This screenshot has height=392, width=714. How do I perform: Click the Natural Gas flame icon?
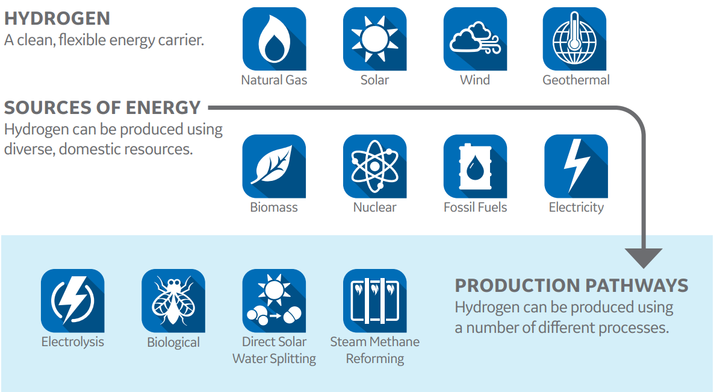click(x=274, y=39)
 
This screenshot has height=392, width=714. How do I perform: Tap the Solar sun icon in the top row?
click(x=374, y=39)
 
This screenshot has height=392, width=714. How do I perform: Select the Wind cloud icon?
click(x=475, y=39)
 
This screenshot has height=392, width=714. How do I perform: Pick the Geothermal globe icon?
click(x=575, y=39)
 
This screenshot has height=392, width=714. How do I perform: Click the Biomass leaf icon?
click(x=274, y=166)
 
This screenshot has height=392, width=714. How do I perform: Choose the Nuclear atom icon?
click(x=374, y=166)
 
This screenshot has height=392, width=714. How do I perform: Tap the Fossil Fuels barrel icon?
click(x=475, y=166)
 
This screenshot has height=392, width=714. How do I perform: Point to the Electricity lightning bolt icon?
click(x=576, y=166)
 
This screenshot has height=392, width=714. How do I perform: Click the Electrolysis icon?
click(x=73, y=301)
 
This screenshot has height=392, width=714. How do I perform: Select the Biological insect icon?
click(x=173, y=301)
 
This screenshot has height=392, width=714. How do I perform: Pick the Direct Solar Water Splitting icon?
click(x=274, y=301)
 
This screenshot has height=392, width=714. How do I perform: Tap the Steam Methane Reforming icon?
click(x=374, y=301)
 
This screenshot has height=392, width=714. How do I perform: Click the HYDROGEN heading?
click(x=57, y=19)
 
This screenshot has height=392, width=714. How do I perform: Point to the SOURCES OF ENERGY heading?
click(x=102, y=108)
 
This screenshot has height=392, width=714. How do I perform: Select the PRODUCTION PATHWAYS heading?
click(x=571, y=286)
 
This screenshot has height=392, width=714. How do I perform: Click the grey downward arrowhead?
click(x=644, y=258)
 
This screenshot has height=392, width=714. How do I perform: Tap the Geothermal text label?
click(x=576, y=80)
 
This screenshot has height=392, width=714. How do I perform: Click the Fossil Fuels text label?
click(x=476, y=207)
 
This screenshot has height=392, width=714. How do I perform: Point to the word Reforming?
click(x=374, y=359)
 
